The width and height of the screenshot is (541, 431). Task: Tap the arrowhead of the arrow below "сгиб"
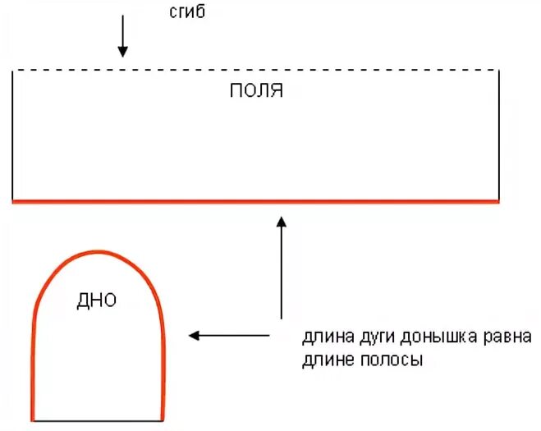[x=122, y=52]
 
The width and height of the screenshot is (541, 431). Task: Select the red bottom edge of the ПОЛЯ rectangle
[x=255, y=200]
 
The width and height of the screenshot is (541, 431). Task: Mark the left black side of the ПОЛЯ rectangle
[x=13, y=135]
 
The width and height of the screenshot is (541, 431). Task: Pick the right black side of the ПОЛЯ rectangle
[x=497, y=135]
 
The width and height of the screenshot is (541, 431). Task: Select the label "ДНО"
[x=96, y=300]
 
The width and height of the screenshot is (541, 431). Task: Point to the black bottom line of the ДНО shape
[x=98, y=421]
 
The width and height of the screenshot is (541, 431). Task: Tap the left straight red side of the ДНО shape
[x=34, y=369]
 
